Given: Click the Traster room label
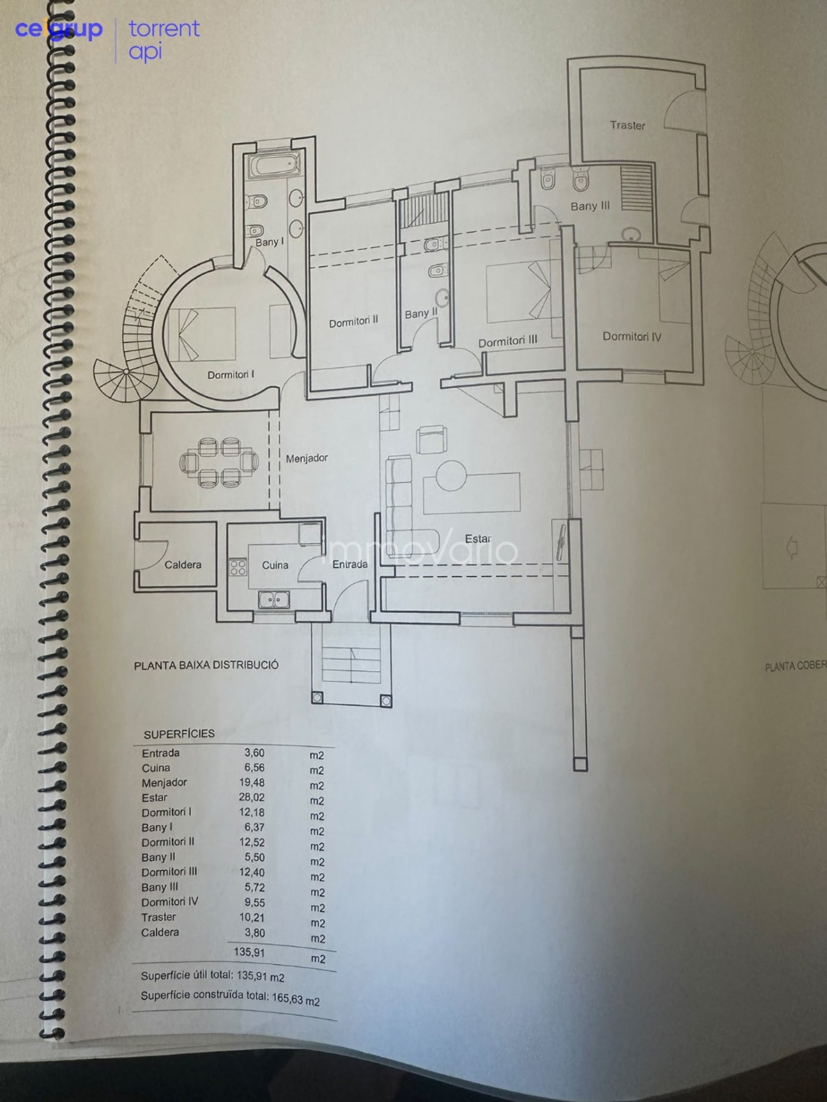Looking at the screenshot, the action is [627, 125].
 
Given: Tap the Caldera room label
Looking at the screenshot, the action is [183, 565].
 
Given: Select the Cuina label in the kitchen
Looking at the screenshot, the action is [275, 565].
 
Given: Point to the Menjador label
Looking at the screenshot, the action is [307, 458].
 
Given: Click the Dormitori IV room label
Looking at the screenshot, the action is [631, 337].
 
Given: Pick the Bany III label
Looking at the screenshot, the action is [590, 206].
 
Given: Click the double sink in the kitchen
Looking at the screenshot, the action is [273, 600].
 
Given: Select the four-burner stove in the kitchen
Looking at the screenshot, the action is [237, 567].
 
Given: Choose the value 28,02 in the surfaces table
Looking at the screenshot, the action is [252, 797].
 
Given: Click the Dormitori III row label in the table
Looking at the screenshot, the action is [170, 872].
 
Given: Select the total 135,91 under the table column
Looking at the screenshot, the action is [249, 952].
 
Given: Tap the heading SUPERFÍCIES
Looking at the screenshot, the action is [179, 734].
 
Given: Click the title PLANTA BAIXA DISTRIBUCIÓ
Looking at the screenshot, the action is [206, 665].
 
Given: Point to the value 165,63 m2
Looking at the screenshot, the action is [295, 999].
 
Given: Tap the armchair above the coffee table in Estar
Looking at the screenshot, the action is [432, 439].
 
